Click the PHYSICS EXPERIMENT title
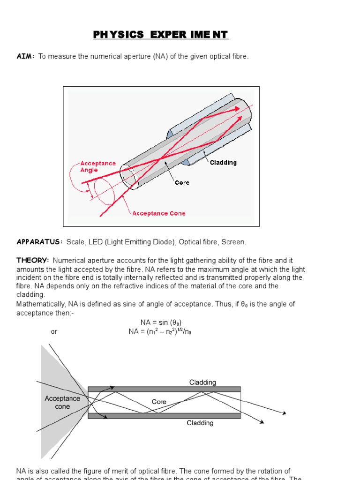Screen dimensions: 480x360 [161, 35]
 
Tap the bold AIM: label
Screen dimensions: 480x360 [26, 56]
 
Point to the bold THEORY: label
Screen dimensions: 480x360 [33, 260]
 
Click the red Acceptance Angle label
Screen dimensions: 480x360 [98, 166]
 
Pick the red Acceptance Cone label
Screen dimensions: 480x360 [158, 213]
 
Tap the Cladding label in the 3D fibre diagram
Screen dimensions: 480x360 [223, 163]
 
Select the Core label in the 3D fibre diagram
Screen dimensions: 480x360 [182, 182]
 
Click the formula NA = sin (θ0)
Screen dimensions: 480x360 [161, 322]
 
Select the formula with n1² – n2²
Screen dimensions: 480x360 [160, 331]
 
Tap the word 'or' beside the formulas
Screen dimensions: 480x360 [54, 331]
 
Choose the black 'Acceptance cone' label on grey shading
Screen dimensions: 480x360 [62, 402]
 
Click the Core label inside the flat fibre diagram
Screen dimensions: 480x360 [159, 402]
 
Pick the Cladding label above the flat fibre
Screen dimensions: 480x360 [202, 382]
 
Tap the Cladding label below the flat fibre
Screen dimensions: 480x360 [200, 423]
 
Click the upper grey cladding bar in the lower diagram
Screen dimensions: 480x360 [164, 389]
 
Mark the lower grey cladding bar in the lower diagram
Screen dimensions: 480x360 [164, 415]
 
